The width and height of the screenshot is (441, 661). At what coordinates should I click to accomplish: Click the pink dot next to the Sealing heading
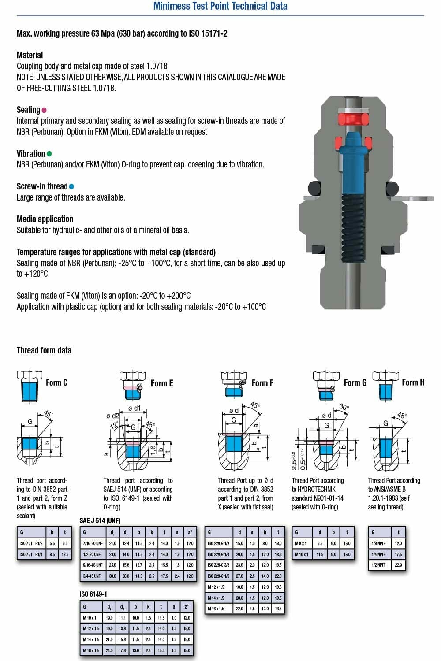pos(44,110)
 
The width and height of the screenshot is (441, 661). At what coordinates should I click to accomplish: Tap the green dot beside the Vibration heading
pos(49,154)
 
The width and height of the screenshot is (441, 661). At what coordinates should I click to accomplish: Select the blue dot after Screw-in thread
pos(71,186)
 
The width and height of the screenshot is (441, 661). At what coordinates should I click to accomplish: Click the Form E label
pos(162,383)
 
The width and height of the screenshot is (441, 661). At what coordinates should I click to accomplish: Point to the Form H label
pos(413,382)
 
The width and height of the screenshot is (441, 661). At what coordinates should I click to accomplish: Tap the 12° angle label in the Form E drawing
pos(114,426)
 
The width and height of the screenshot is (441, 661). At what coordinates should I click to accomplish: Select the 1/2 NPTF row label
pos(378,565)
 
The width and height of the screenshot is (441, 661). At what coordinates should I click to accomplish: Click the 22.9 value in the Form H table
pos(398,565)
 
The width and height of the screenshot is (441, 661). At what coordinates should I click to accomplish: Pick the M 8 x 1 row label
pos(301,543)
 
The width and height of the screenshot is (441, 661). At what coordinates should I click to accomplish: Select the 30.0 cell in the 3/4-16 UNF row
pos(113,576)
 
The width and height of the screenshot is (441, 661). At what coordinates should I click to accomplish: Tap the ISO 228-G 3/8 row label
pos(218,565)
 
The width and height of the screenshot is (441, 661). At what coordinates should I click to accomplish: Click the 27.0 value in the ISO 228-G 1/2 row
pos(239,576)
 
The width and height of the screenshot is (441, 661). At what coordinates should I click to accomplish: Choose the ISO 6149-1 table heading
pos(93,594)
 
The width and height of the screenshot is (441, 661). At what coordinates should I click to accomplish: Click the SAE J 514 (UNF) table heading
pos(100,520)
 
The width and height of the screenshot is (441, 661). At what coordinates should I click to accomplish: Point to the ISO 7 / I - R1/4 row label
pos(31,554)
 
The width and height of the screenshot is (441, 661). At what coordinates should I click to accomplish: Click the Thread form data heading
pos(44,350)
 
